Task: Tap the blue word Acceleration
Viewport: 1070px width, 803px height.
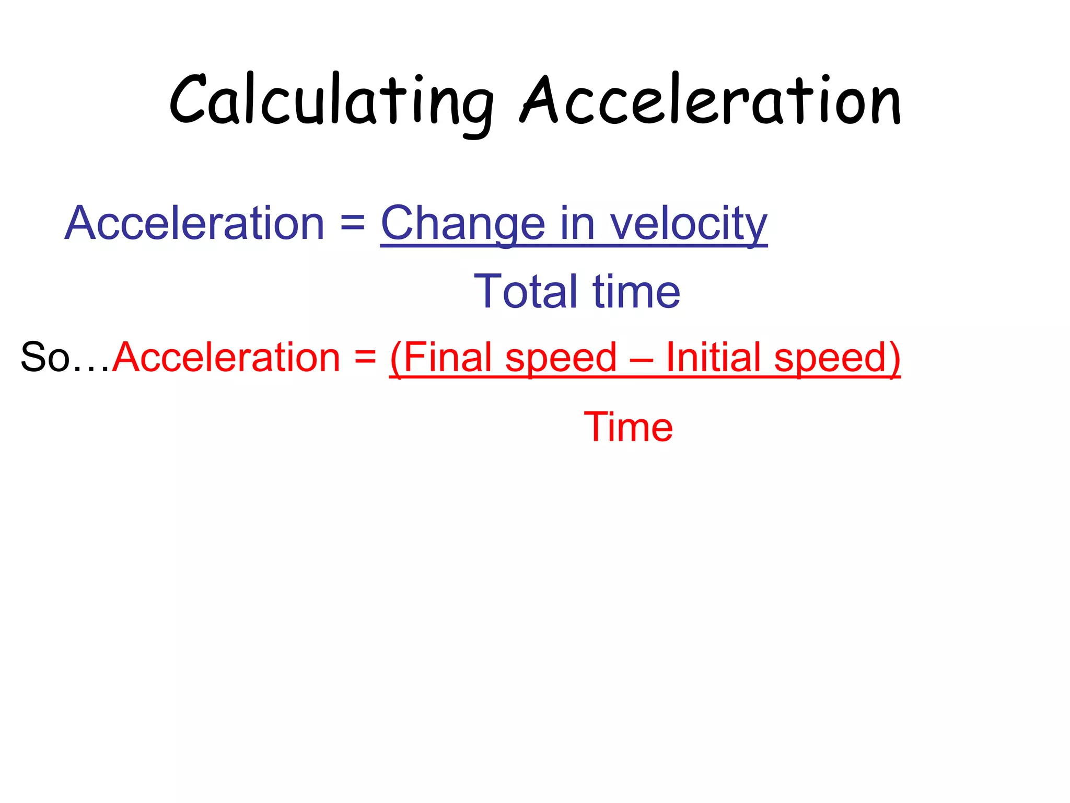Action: point(194,223)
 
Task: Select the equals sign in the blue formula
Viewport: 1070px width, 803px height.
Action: point(353,223)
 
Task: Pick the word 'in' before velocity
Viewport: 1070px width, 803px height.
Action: point(578,223)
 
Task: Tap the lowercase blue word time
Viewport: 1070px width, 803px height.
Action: point(636,291)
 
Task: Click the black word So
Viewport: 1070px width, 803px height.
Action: point(45,357)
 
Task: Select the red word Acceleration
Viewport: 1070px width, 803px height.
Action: point(226,357)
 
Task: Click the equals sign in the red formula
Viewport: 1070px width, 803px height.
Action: point(365,357)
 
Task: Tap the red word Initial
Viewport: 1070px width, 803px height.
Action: point(713,357)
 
